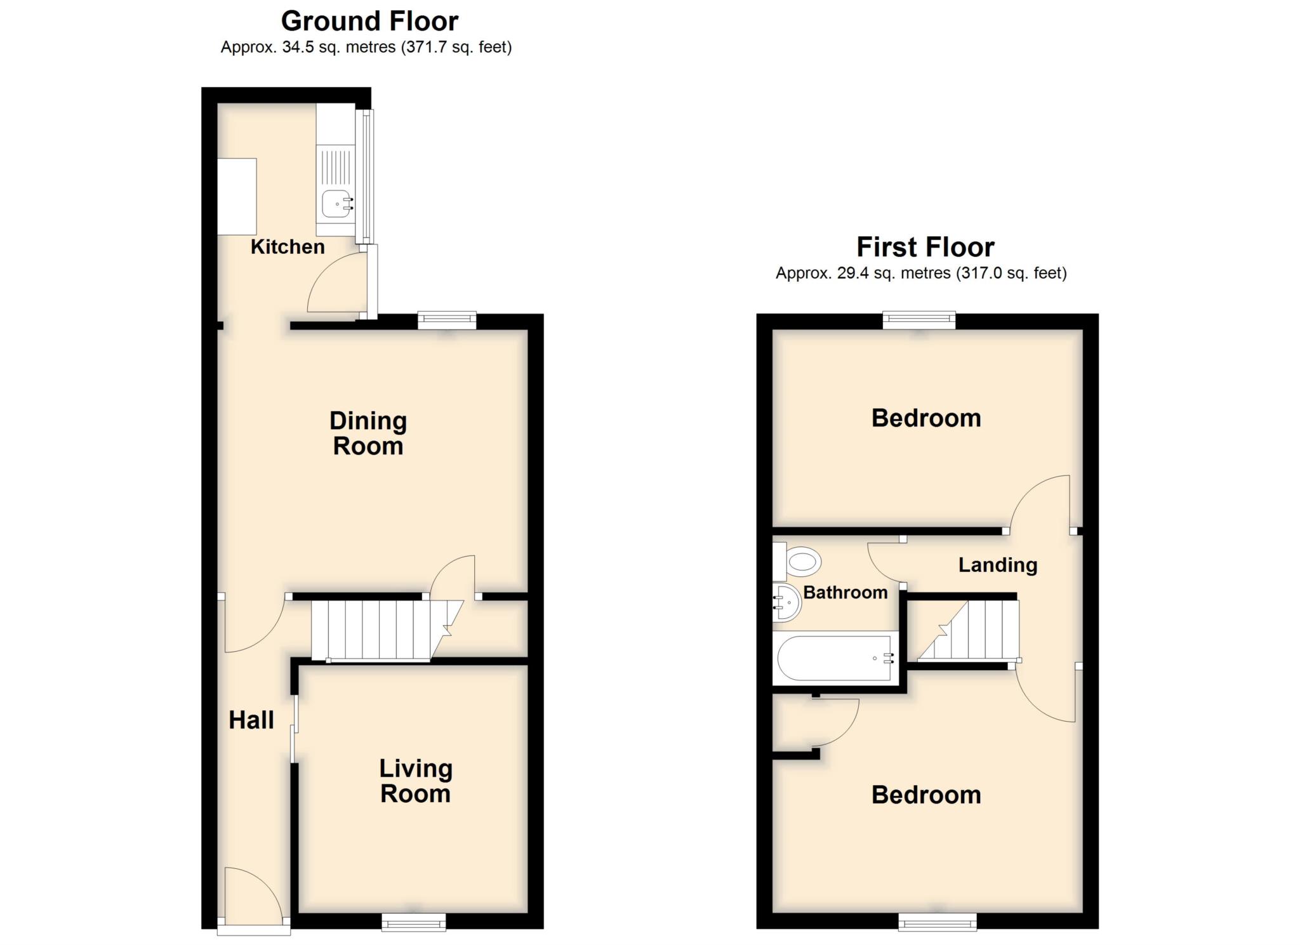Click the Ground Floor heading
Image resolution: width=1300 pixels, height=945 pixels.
click(x=369, y=21)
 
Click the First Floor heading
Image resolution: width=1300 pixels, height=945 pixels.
click(x=925, y=247)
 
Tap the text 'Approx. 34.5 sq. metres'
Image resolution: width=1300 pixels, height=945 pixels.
click(x=308, y=48)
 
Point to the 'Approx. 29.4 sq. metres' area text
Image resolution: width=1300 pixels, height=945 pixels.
click(x=863, y=274)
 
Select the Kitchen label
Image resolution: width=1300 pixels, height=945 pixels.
click(x=288, y=247)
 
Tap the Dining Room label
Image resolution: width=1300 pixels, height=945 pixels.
click(x=368, y=433)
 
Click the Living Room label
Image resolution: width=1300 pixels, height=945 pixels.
click(x=416, y=781)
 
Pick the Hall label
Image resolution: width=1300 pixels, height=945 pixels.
click(x=251, y=720)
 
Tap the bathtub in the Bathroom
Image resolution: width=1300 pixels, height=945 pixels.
click(x=835, y=658)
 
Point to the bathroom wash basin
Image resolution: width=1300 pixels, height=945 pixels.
click(x=787, y=602)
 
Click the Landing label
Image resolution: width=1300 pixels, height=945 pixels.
click(x=997, y=565)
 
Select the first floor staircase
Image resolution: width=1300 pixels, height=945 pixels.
click(x=971, y=630)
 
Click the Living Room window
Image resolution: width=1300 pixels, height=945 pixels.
click(x=413, y=922)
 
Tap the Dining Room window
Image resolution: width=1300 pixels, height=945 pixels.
click(x=447, y=321)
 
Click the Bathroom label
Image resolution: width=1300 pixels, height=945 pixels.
click(x=845, y=593)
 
